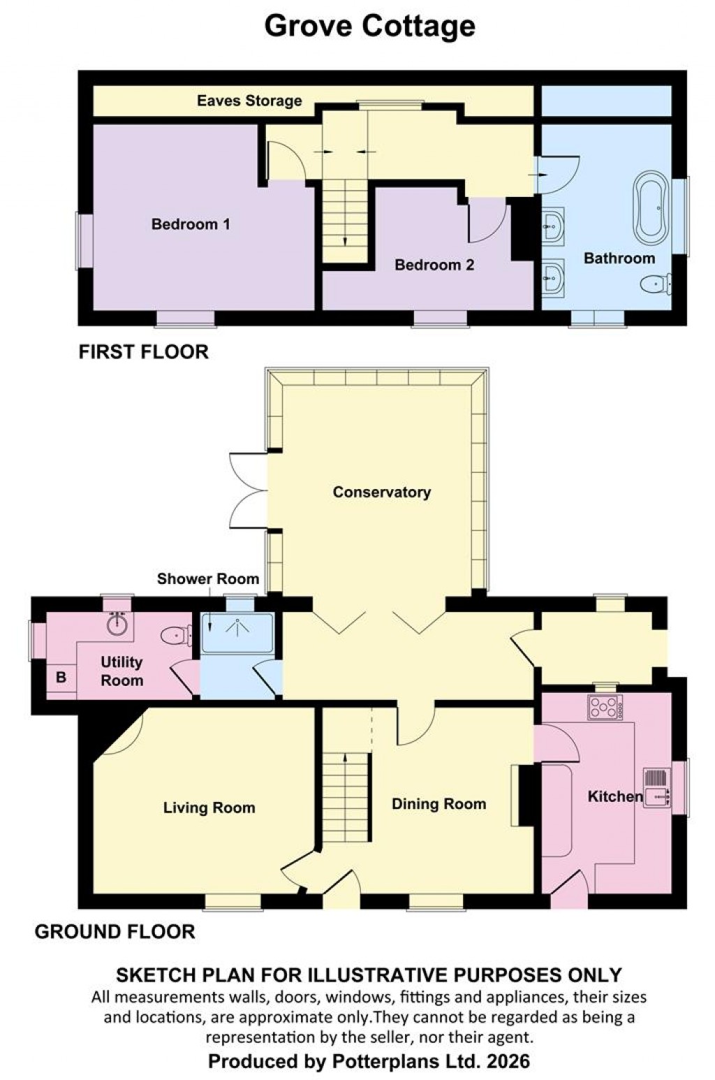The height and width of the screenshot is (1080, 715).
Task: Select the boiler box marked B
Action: pos(61,677)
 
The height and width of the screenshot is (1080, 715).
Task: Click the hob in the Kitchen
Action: pos(605,708)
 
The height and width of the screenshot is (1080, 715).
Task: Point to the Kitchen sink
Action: pos(657,787)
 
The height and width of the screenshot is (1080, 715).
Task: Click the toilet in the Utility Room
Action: pos(176,636)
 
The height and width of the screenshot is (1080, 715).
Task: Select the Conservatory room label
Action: pos(381,492)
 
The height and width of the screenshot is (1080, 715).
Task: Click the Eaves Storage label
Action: pos(249,101)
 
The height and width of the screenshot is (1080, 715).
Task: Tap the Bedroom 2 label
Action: pos(434,265)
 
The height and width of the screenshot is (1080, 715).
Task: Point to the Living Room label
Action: pos(209,808)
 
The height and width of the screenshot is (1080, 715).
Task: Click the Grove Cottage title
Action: pos(369,26)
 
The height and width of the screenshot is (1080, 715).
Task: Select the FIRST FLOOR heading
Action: pos(143,351)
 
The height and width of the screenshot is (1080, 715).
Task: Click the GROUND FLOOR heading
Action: pos(115,931)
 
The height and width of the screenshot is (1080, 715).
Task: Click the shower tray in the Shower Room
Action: pos(237,633)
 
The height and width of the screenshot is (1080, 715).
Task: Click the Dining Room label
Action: pos(438,804)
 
